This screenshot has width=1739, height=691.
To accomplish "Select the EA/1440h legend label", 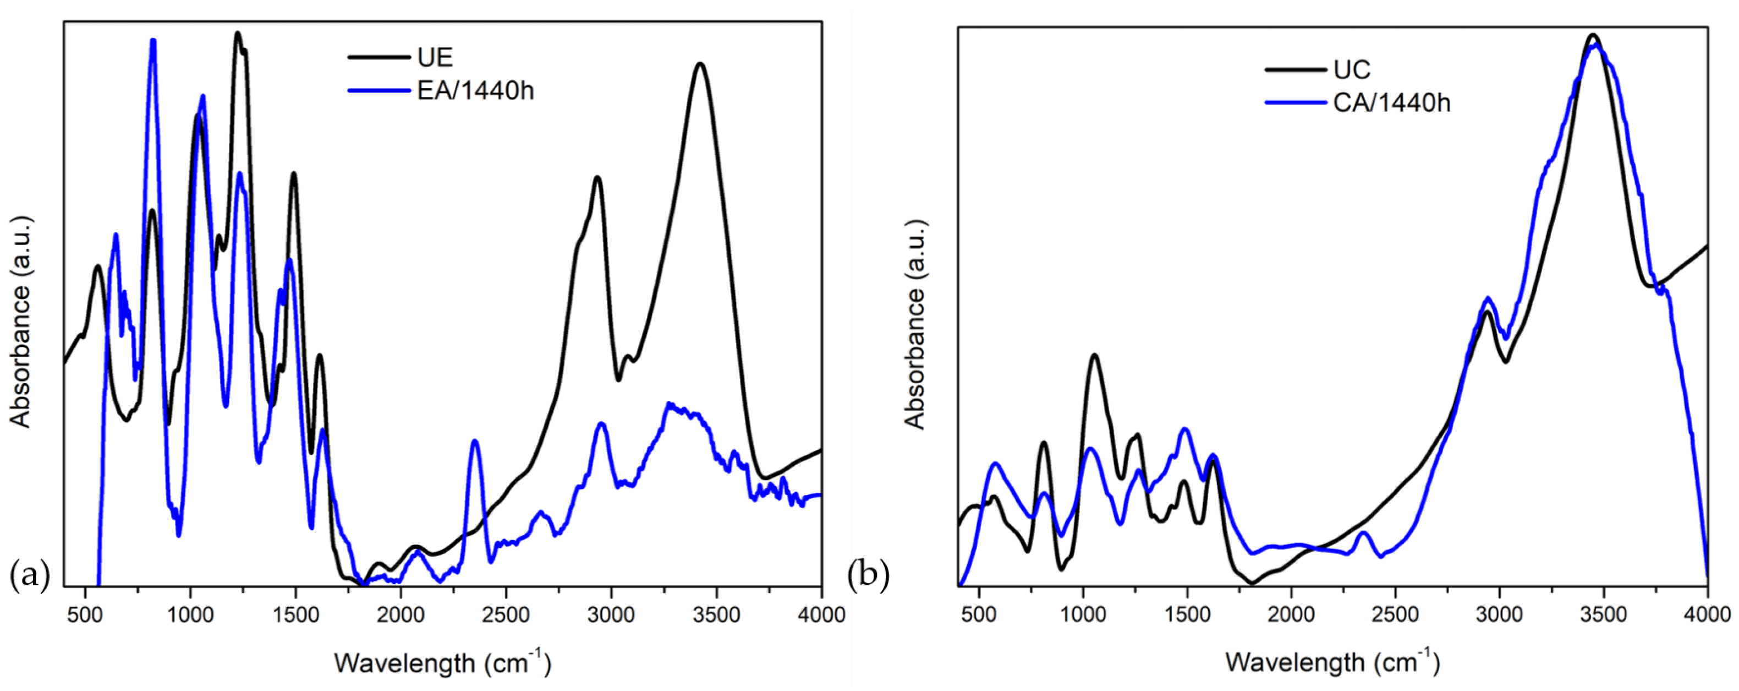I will pos(475,90).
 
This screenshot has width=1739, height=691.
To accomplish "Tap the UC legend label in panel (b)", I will pos(1352,69).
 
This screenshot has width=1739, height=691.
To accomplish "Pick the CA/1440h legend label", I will pos(1392,102).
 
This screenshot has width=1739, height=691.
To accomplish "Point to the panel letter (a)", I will pos(30,575).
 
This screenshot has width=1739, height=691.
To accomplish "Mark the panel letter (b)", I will pos(868,575).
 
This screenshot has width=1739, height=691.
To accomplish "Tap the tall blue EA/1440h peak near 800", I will pos(153,41).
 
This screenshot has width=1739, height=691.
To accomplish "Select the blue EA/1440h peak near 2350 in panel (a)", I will pos(475,441).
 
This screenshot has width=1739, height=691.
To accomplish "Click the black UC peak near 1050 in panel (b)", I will pos(1094,355).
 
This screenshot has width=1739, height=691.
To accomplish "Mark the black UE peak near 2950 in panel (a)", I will pos(597,178).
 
